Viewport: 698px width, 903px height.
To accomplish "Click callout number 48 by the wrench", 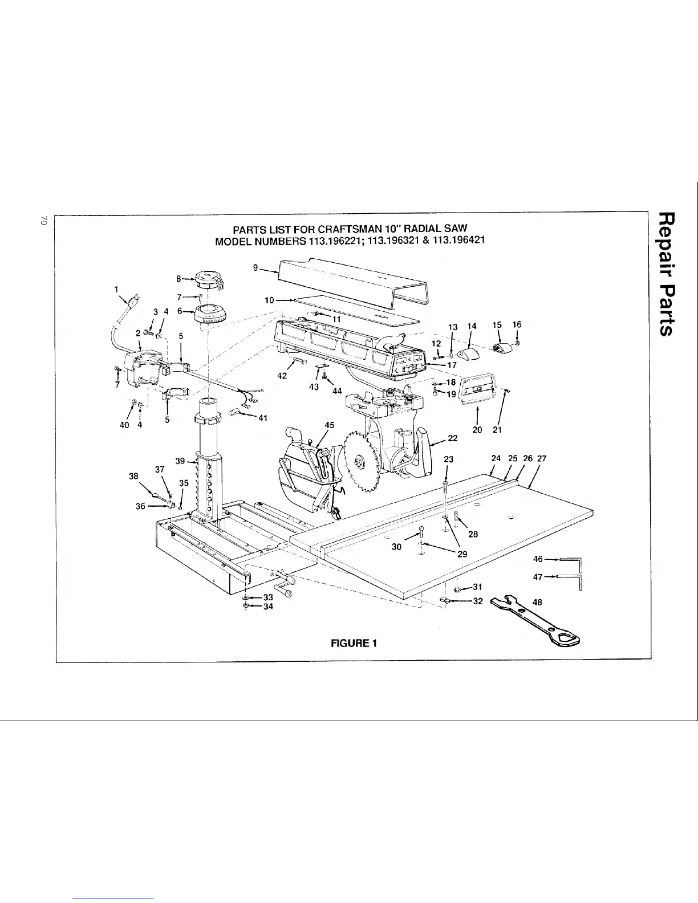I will (x=537, y=602).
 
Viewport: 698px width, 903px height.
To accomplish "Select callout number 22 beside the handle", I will (x=453, y=438).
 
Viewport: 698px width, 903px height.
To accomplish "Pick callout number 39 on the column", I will (x=180, y=461).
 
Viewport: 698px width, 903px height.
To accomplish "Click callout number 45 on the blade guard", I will (x=329, y=425).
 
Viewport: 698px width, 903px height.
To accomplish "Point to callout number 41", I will (x=263, y=417).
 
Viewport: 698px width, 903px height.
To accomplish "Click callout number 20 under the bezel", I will (x=478, y=429).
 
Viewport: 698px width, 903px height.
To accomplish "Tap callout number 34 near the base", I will (x=268, y=607).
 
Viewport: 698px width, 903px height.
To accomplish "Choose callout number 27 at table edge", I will (x=542, y=458).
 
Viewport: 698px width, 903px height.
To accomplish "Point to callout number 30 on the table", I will (x=397, y=547).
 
